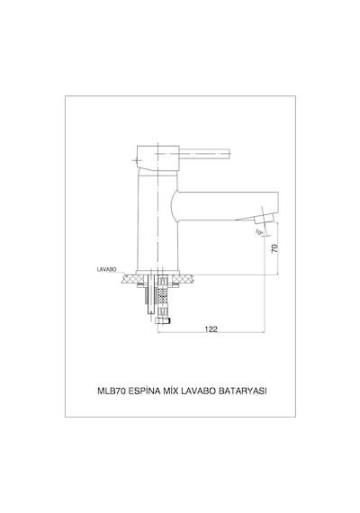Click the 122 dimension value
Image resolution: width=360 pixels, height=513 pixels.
coord(211,329)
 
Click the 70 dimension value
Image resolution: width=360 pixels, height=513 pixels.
coord(275,248)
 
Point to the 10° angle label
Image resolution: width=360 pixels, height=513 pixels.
coord(259,232)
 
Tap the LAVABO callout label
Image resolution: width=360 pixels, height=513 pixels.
coord(107,270)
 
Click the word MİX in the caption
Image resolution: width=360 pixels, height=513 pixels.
coord(170,391)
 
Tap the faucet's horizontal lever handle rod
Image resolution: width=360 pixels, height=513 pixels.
coord(204,154)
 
